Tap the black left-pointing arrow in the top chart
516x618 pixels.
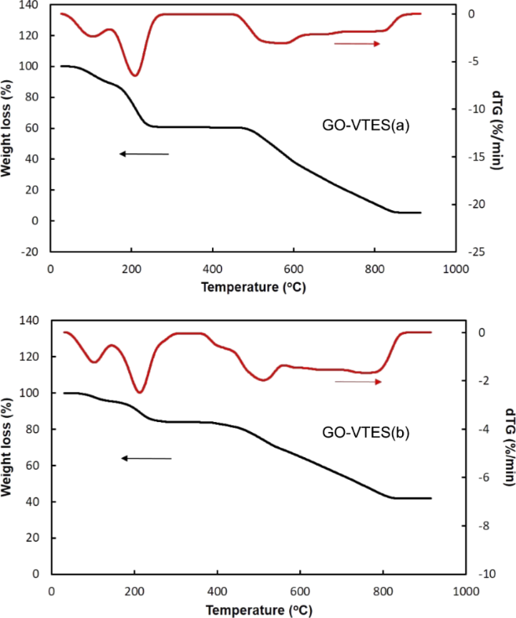143,154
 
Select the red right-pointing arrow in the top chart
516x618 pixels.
357,44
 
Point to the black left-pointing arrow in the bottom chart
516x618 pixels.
146,458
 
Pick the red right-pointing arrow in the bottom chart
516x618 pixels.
358,382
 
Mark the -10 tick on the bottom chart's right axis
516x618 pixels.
474,574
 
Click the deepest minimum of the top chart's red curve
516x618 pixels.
134,75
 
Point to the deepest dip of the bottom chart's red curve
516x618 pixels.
140,392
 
